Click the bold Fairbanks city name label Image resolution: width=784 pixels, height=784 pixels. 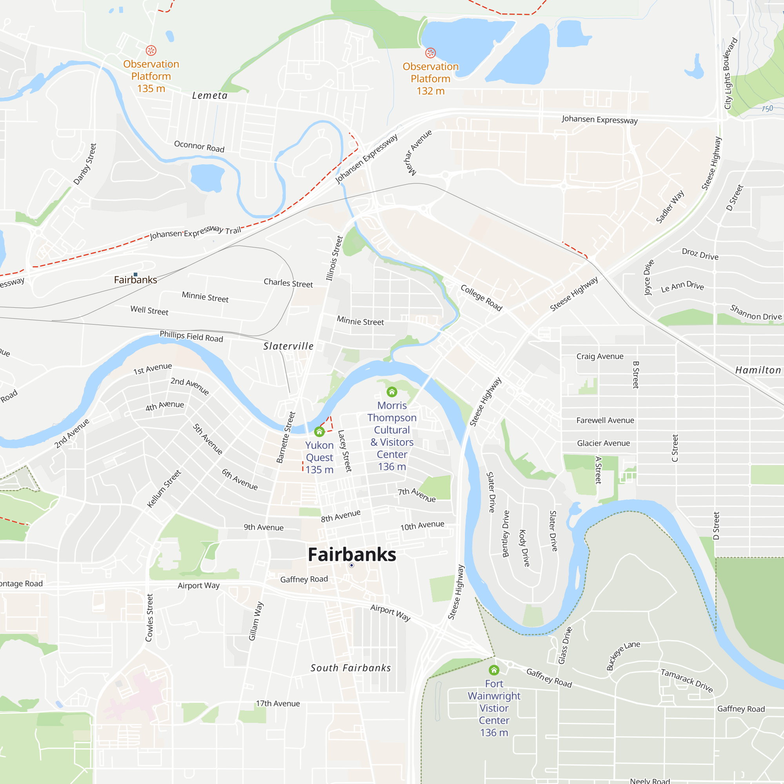click(x=352, y=554)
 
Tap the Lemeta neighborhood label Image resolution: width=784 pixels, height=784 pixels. click(x=210, y=95)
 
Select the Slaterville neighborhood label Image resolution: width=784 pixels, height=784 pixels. click(x=288, y=346)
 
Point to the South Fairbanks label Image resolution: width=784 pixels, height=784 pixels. click(x=350, y=668)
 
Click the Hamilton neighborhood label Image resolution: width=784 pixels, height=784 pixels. click(x=758, y=370)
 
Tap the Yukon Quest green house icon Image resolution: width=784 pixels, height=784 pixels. click(x=319, y=431)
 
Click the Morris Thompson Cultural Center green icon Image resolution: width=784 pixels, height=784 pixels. click(x=392, y=392)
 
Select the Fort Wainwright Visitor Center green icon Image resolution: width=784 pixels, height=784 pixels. click(x=494, y=670)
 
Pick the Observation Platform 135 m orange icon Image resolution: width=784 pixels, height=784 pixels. click(x=151, y=50)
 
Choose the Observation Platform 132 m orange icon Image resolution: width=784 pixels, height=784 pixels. click(x=430, y=53)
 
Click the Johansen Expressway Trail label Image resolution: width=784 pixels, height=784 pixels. click(x=196, y=232)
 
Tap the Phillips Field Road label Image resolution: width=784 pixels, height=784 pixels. click(x=191, y=336)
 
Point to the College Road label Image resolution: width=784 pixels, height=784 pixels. click(x=481, y=298)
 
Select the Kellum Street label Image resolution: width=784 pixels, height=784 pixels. click(x=164, y=488)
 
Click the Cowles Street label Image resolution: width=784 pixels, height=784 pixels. click(x=149, y=618)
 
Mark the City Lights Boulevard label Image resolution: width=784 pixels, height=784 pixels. click(x=730, y=73)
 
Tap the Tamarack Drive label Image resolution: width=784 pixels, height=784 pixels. click(x=687, y=681)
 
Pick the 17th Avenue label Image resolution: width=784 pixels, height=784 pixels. click(x=278, y=703)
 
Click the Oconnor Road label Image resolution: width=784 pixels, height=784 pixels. click(x=199, y=146)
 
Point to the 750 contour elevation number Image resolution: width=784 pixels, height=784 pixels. click(x=767, y=108)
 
